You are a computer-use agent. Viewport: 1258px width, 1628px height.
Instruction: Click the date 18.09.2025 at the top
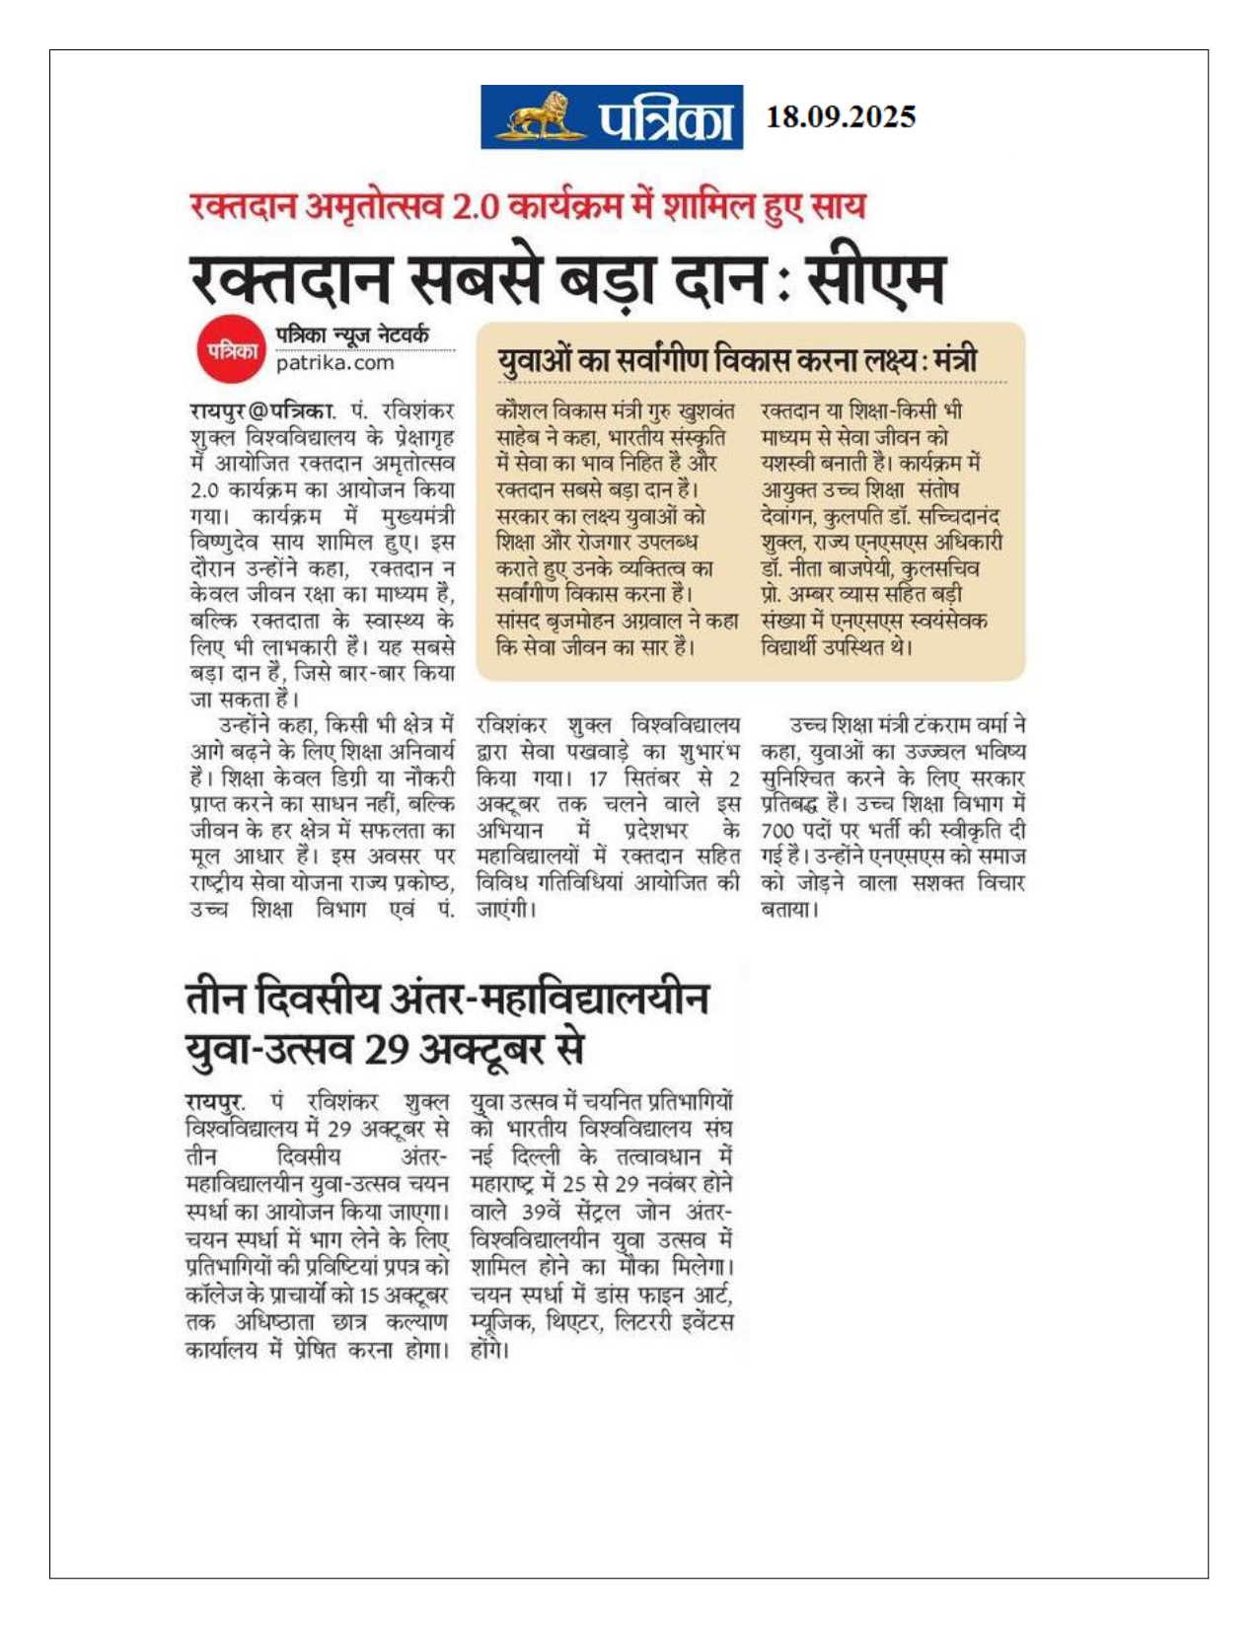coord(841,116)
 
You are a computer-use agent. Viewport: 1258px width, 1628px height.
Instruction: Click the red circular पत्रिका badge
coord(232,350)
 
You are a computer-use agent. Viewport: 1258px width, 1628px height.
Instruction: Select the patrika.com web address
coord(334,363)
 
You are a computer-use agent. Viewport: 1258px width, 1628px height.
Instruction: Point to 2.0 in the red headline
coord(474,206)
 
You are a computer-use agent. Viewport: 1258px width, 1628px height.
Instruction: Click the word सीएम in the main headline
coord(876,278)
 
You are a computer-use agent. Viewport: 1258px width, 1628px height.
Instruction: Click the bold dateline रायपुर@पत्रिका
coord(261,410)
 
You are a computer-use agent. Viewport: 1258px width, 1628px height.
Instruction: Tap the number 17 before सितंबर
coord(599,777)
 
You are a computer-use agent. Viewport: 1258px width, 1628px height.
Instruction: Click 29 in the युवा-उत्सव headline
coord(387,1049)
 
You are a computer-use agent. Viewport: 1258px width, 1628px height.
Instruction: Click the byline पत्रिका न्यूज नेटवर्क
coord(352,334)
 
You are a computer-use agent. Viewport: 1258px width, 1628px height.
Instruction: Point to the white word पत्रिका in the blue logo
coord(666,119)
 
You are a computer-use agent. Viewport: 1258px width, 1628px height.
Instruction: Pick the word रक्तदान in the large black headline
coord(292,278)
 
